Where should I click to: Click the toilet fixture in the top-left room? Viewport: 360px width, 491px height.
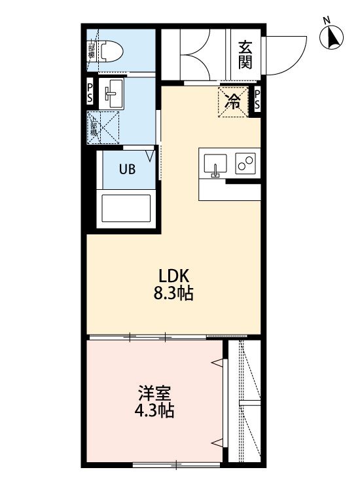[x=113, y=50]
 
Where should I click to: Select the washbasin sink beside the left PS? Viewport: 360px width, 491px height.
[x=115, y=94]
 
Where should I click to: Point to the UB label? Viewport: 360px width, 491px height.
[x=126, y=168]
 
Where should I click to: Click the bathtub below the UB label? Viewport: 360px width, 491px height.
[x=126, y=209]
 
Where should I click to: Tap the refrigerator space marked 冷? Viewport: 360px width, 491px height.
[x=232, y=101]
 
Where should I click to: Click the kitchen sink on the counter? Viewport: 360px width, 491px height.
[x=215, y=164]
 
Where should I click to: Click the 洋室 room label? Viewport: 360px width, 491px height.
[x=155, y=394]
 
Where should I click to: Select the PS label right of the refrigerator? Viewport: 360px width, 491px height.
[x=257, y=100]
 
